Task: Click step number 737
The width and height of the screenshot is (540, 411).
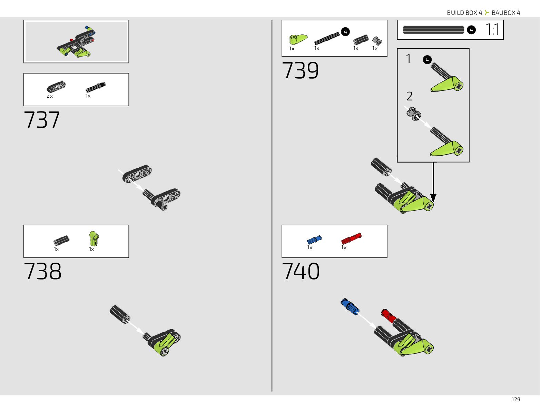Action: (x=42, y=120)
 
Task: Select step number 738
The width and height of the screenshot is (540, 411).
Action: (x=42, y=271)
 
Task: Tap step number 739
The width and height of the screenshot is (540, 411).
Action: (x=300, y=71)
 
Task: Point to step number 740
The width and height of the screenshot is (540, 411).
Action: (x=301, y=271)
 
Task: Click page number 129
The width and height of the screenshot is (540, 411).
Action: (x=516, y=399)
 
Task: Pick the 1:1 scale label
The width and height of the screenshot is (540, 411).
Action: (x=492, y=30)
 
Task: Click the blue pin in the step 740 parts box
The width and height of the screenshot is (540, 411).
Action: (x=314, y=240)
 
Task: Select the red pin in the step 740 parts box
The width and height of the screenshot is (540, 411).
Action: (x=351, y=238)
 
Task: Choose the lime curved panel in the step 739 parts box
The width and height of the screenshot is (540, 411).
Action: (x=298, y=39)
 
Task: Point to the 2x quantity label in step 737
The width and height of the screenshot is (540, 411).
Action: (x=50, y=96)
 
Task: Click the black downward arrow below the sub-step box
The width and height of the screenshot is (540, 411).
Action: (x=433, y=183)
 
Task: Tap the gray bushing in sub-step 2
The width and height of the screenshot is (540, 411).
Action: (x=413, y=114)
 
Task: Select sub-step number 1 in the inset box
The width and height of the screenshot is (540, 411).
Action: (x=409, y=59)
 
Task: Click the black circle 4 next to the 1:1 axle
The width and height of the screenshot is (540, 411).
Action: (x=471, y=30)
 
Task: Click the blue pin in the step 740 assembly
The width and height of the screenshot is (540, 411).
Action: (x=350, y=306)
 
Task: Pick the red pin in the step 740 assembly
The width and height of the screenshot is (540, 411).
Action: (x=389, y=315)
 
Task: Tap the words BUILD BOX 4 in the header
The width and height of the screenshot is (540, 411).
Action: (x=464, y=13)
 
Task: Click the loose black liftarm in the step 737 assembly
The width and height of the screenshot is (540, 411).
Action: (x=137, y=174)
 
